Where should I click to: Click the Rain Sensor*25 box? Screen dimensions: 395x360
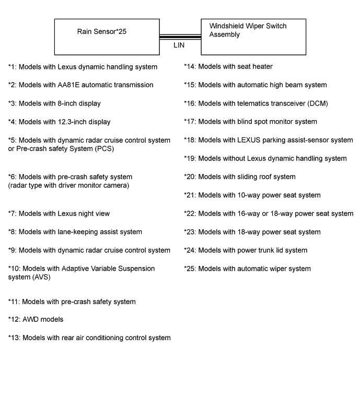[x=107, y=37]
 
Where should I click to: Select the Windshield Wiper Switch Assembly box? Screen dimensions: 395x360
[x=253, y=37]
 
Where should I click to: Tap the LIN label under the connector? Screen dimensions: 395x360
[x=179, y=45]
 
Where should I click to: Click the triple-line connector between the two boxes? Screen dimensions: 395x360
[x=180, y=37]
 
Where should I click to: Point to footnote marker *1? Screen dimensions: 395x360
[x=13, y=67]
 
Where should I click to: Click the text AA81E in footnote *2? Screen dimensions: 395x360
[x=70, y=85]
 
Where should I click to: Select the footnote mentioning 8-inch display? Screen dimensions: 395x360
[x=54, y=103]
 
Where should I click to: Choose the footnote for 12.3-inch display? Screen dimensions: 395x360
[x=59, y=122]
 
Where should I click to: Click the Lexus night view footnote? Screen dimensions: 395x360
[x=59, y=214]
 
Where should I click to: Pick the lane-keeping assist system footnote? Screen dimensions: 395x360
[x=75, y=232]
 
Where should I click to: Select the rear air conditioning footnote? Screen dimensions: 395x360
[x=89, y=338]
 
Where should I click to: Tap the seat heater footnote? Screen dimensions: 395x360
[x=228, y=66]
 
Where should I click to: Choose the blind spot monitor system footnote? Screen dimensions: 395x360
[x=250, y=122]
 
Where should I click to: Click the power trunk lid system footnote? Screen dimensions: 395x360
[x=246, y=250]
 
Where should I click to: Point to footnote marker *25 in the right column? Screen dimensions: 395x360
[x=190, y=269]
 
